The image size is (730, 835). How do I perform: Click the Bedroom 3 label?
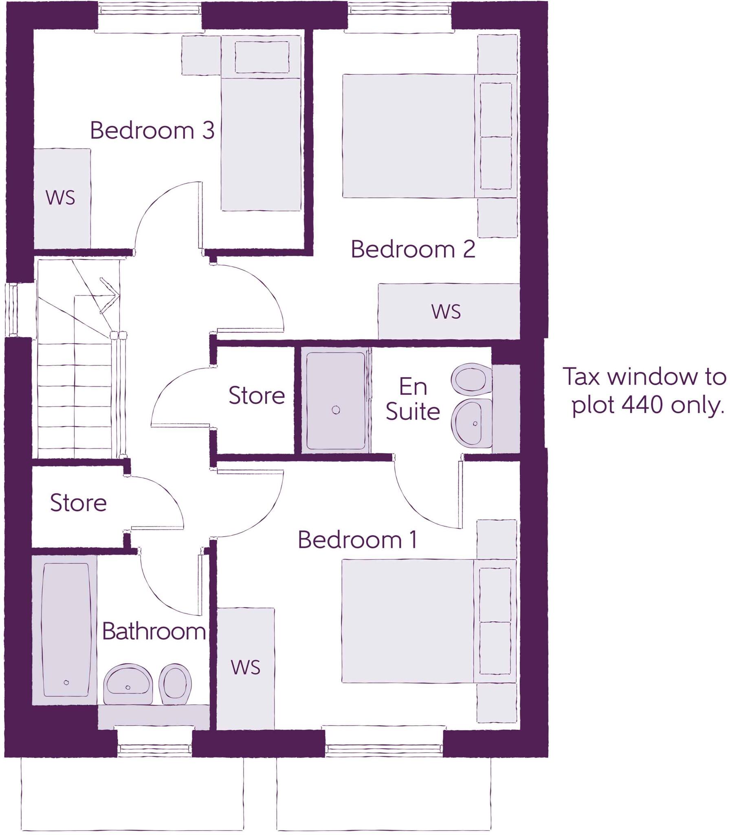(152, 130)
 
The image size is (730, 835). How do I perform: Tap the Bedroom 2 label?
(413, 249)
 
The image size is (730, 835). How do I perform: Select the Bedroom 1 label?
(358, 540)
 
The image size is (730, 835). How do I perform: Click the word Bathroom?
(154, 632)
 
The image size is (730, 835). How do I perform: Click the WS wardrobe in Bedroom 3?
(61, 198)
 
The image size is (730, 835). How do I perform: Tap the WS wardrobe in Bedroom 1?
(245, 668)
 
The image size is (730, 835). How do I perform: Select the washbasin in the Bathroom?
(128, 685)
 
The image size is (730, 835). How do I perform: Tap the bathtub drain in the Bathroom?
(66, 683)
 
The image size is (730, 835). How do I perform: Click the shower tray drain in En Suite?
(336, 410)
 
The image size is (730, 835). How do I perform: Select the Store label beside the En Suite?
(256, 395)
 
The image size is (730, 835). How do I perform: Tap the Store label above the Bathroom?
(78, 503)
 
